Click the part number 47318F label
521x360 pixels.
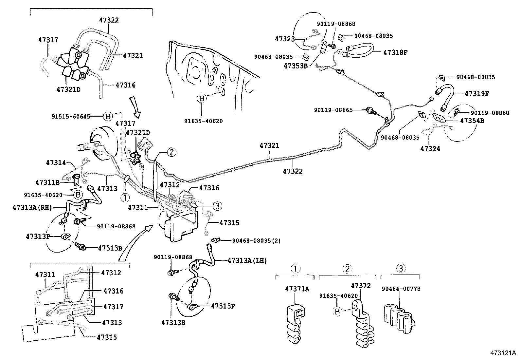tap(395, 52)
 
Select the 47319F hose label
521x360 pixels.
tap(477, 93)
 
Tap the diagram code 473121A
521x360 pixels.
tap(503, 353)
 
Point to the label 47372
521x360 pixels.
tap(361, 286)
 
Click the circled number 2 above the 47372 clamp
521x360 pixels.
tap(347, 269)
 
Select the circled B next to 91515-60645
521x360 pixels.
tap(108, 116)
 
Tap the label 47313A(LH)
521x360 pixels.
tap(247, 261)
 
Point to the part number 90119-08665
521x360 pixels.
tap(333, 110)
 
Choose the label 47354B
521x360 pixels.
tap(472, 121)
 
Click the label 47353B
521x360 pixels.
tap(296, 66)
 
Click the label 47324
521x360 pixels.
tap(430, 149)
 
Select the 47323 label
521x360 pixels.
tap(285, 39)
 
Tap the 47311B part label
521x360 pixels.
tap(47, 182)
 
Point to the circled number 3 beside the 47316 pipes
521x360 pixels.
tap(217, 206)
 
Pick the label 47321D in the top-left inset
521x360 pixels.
tap(68, 89)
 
